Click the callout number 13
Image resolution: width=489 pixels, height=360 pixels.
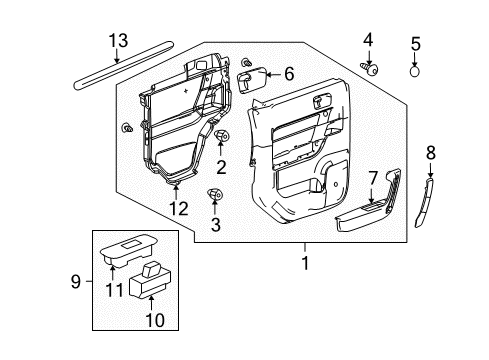tap(119, 40)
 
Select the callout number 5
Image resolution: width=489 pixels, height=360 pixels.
tap(415, 43)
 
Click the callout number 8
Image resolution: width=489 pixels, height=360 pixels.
tap(432, 153)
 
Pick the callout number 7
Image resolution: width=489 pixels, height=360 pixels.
tap(372, 177)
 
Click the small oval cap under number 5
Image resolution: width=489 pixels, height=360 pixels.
tap(415, 72)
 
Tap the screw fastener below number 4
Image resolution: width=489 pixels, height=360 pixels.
tap(369, 68)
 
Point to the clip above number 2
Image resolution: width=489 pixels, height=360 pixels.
tap(222, 136)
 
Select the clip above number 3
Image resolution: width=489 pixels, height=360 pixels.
tap(214, 192)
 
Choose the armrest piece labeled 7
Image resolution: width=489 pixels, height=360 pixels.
tap(365, 212)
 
